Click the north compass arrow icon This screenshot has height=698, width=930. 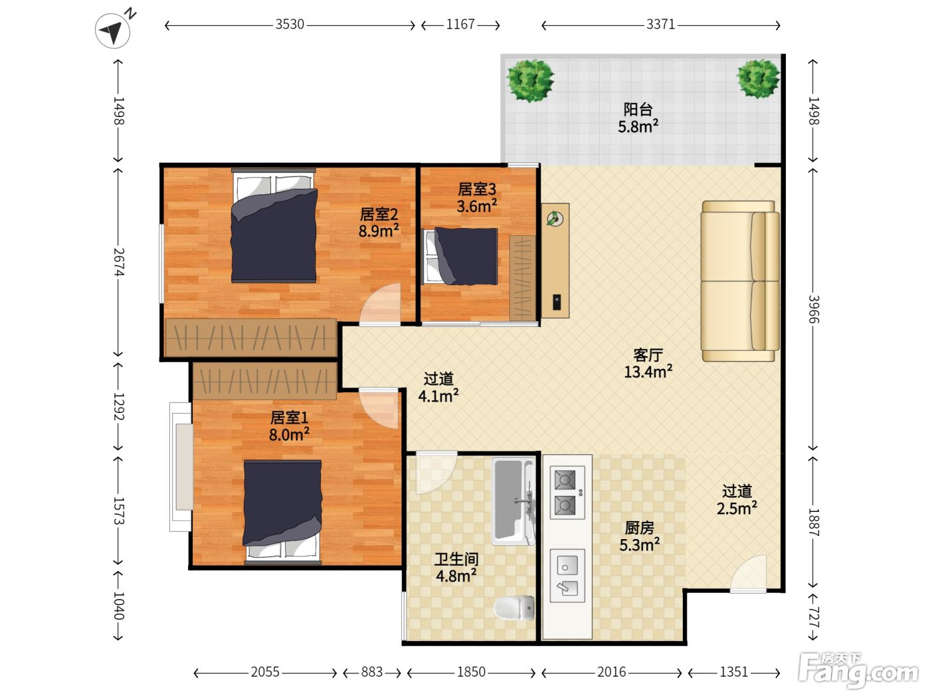pos(113,31)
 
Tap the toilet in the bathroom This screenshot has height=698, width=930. pos(514,608)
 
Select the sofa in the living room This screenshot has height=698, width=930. pos(740,281)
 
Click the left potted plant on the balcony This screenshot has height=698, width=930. pos(530,80)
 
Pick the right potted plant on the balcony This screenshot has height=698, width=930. pos(758,79)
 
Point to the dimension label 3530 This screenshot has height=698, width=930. pos(290,25)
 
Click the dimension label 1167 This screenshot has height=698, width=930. pos(460,25)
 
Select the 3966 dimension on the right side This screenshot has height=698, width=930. pos(814,309)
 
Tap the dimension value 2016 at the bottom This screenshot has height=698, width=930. pos(611,672)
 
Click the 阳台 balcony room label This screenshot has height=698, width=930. pos(638,109)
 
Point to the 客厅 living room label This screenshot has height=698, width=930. pos(648,355)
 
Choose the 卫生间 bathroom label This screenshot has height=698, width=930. pos(456,560)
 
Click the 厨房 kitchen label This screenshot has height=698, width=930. pos(639,528)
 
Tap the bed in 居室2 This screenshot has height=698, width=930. pos(274,225)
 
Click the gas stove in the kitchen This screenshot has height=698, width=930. pos(567,493)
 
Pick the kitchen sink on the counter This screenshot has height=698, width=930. pos(567,576)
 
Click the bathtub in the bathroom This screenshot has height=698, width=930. pos(513,501)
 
